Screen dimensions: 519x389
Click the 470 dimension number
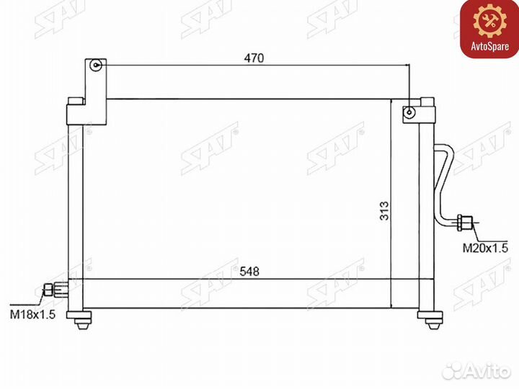point(254,58)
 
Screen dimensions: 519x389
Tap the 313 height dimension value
point(384,210)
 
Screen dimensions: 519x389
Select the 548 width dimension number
point(249,272)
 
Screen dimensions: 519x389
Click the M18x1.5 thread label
point(32,314)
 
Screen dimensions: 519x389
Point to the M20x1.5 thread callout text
point(485,248)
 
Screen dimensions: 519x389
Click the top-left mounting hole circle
point(96,65)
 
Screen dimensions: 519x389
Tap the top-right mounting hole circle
point(409,112)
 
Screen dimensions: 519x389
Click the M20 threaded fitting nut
point(464,223)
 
